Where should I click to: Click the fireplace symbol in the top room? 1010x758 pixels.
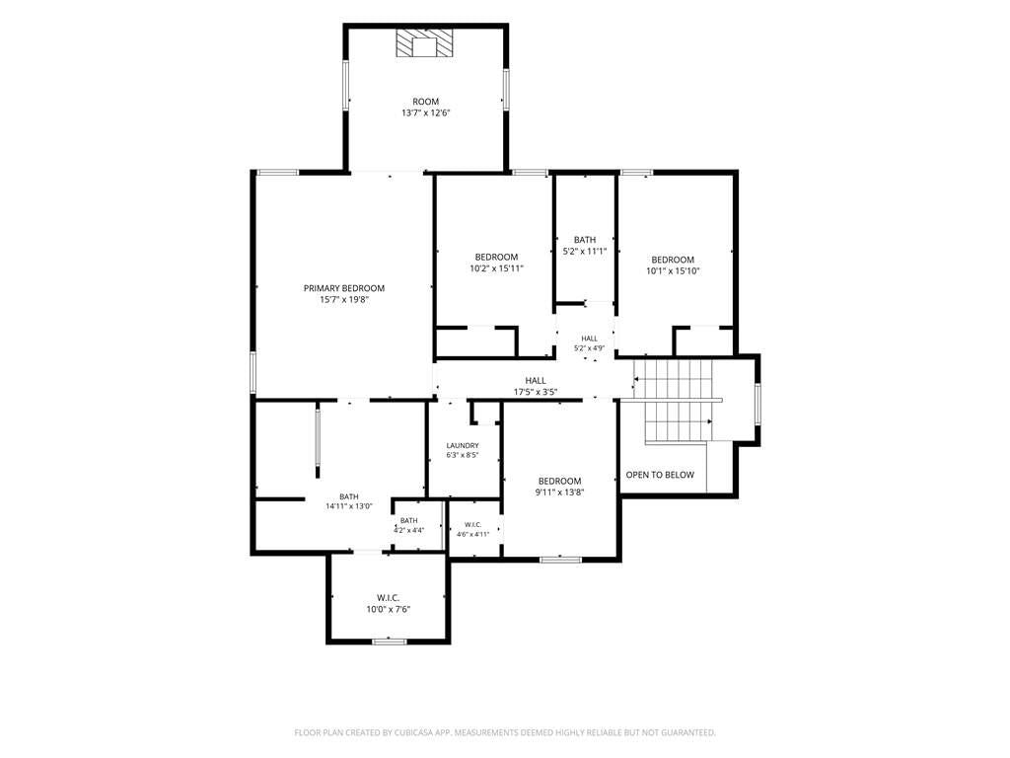[424, 43]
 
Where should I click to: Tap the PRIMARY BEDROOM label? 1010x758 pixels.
[344, 288]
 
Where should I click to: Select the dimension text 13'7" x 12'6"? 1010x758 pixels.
[425, 113]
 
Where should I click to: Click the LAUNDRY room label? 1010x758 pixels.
[463, 445]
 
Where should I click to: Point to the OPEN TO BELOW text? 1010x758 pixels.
[660, 475]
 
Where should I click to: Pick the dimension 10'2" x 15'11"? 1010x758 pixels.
[497, 268]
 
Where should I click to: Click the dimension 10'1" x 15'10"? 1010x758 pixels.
[673, 271]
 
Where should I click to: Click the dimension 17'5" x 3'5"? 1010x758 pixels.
[536, 392]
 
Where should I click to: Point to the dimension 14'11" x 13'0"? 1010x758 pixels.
[349, 506]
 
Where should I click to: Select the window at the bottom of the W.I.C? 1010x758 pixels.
[390, 642]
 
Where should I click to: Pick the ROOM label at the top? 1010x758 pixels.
[425, 102]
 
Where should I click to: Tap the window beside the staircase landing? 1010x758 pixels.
[758, 404]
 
